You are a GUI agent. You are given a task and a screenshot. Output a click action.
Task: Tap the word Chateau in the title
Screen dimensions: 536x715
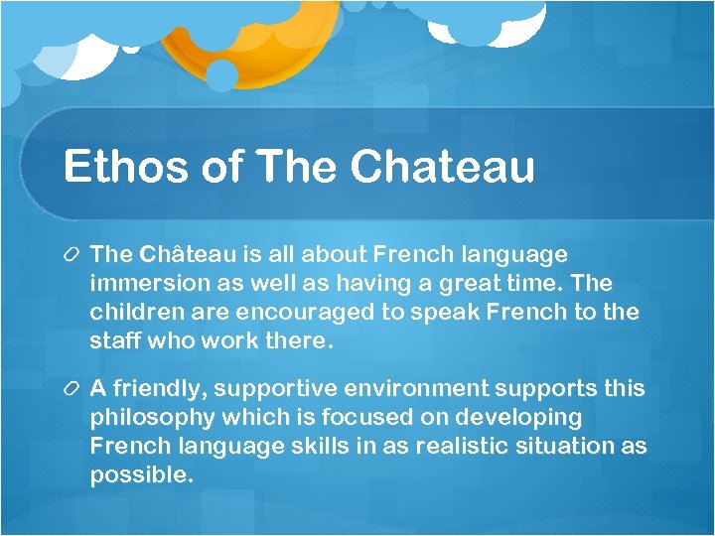443,167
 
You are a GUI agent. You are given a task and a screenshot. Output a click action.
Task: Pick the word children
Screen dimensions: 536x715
134,313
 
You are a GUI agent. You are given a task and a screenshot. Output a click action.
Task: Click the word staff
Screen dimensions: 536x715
114,341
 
